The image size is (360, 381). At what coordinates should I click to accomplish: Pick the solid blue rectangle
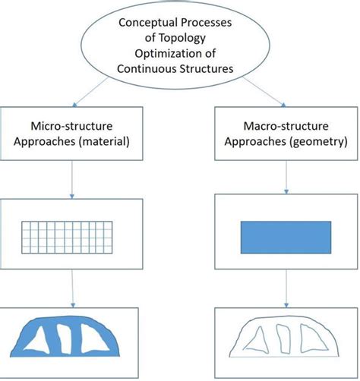pos(286,238)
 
